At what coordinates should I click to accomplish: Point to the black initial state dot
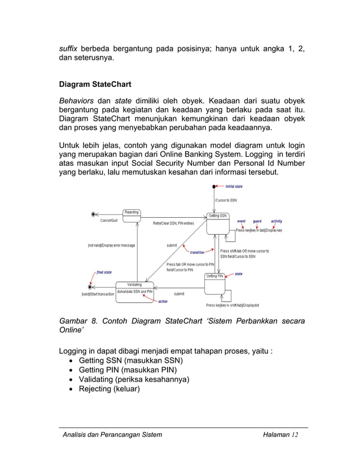(x=214, y=186)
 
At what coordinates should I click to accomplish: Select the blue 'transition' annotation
(x=197, y=252)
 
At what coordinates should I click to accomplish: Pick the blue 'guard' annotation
(x=257, y=221)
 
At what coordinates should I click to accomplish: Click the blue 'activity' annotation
(x=276, y=221)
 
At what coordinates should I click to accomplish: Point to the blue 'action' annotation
(x=163, y=301)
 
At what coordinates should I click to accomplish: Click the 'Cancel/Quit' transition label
(x=109, y=221)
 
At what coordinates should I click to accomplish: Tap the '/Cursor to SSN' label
(x=226, y=200)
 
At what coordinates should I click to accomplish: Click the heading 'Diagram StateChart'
(x=95, y=85)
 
